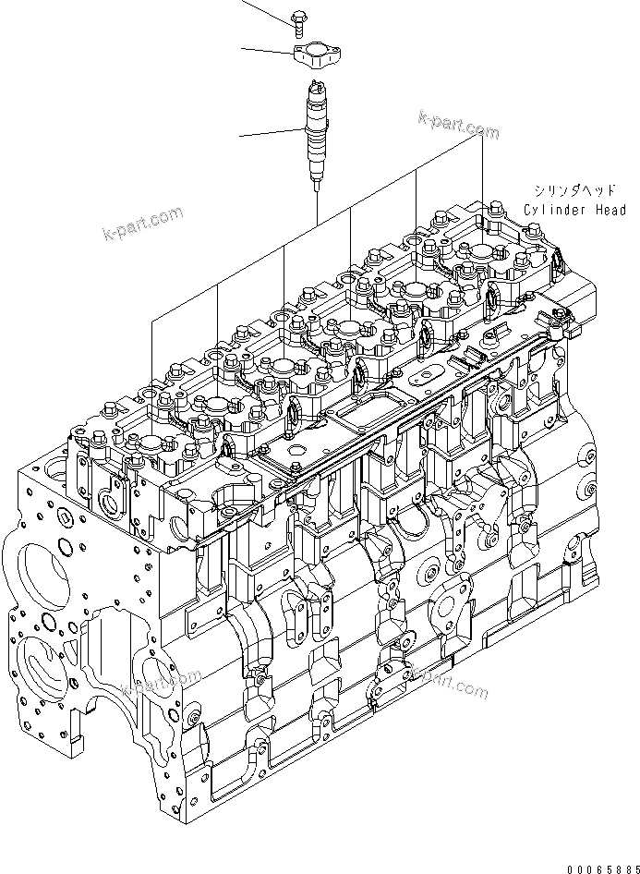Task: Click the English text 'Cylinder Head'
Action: tap(574, 210)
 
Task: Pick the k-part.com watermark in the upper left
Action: tap(143, 224)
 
